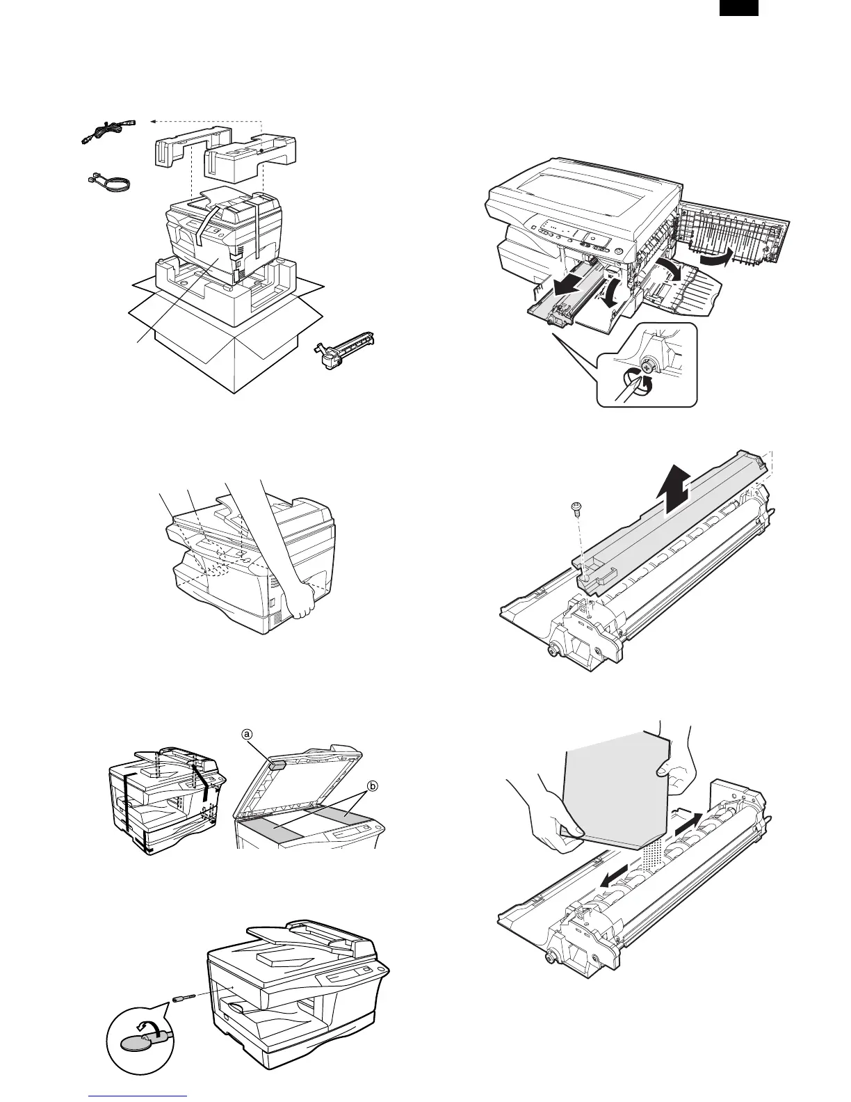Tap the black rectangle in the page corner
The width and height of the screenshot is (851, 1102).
coord(738,8)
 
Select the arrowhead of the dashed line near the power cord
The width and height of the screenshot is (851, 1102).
coord(154,120)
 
